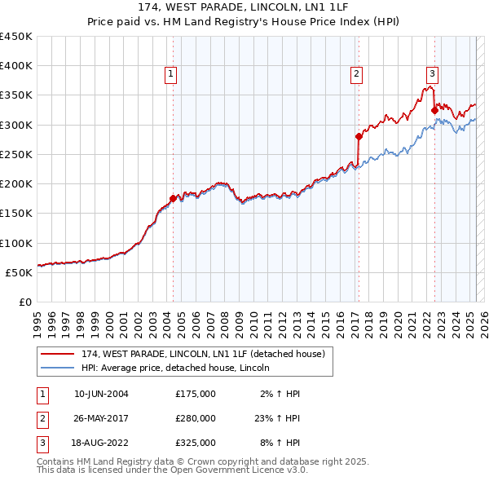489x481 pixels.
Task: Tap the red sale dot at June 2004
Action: (x=173, y=198)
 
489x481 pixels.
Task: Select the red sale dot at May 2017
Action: (x=359, y=136)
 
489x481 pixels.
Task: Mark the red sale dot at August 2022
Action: (x=434, y=110)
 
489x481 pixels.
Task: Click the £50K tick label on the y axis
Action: (x=18, y=272)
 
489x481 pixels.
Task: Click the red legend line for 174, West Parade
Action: (x=58, y=354)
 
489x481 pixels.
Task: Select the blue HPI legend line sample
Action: (x=58, y=368)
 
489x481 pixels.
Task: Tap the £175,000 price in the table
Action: (x=196, y=394)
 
